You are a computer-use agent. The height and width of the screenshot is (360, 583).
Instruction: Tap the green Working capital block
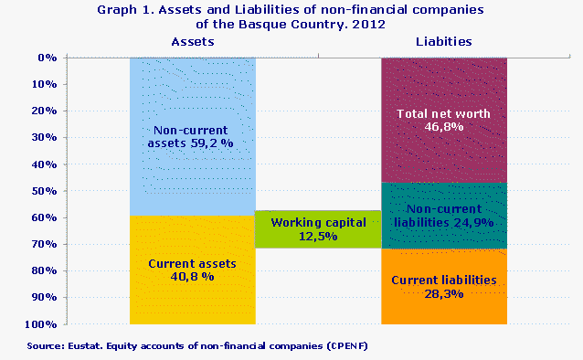317,228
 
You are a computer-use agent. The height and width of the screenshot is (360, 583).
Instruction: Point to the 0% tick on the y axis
48,58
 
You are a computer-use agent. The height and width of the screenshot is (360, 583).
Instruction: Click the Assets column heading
192,42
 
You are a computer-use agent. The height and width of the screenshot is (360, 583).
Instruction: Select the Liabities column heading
443,42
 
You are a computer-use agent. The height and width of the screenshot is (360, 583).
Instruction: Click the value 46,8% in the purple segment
443,128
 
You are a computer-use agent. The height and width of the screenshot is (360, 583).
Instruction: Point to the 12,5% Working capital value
317,237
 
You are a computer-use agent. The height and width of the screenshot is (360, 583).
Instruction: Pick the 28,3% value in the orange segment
443,294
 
